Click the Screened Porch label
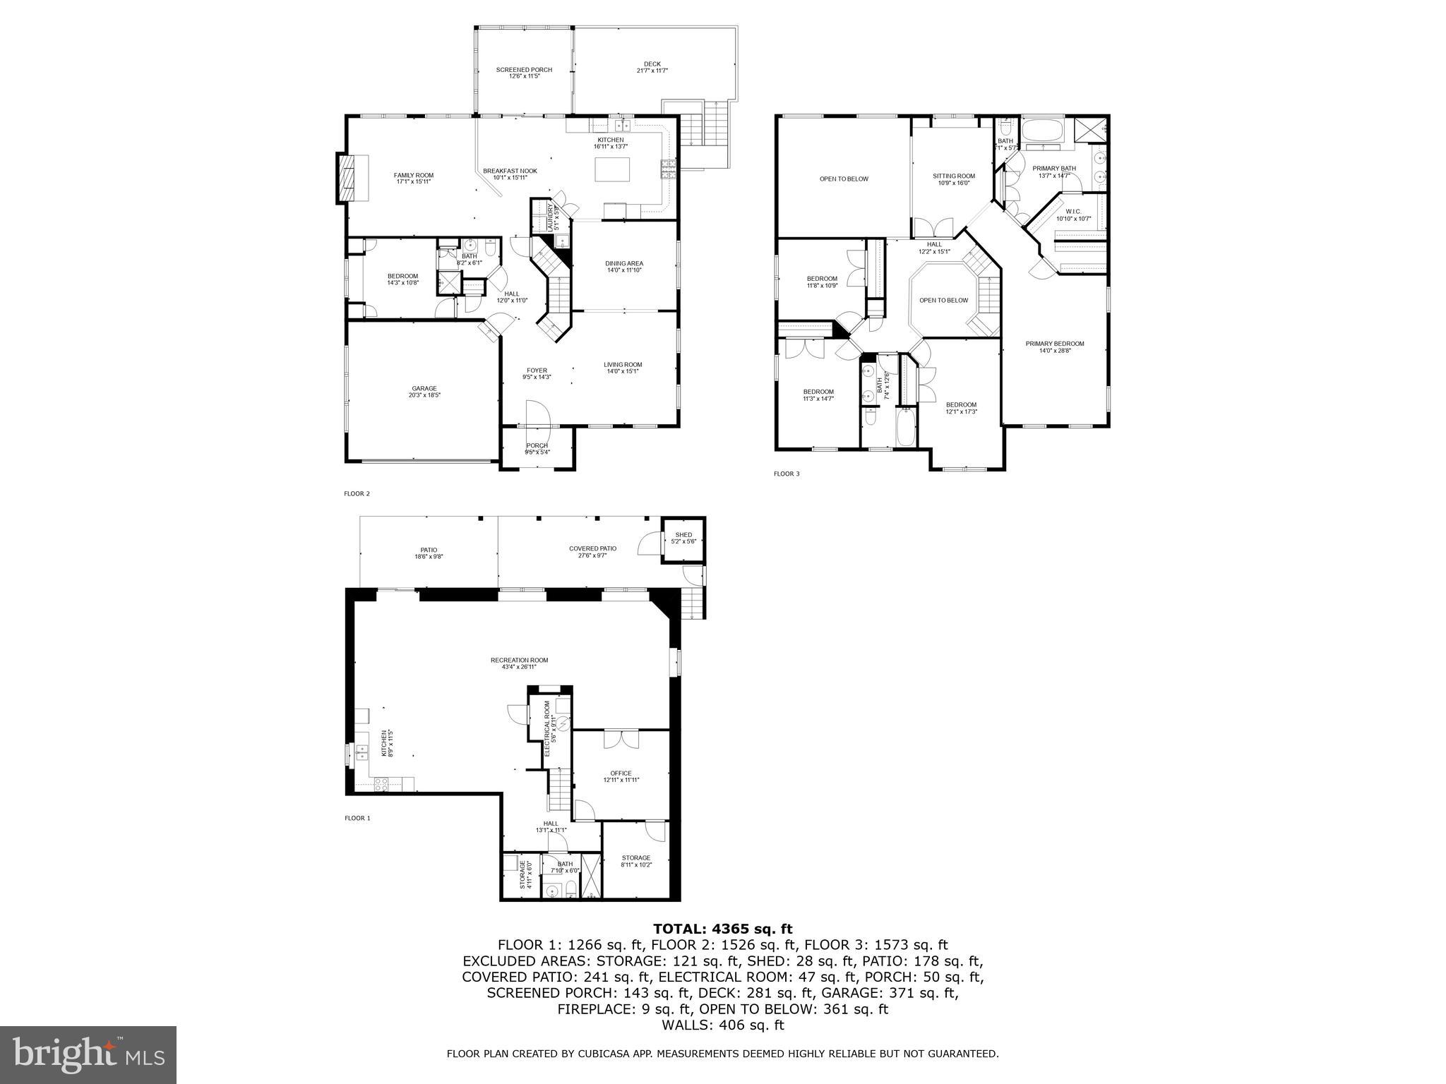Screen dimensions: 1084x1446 click(524, 70)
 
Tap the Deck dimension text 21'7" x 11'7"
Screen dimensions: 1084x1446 click(652, 71)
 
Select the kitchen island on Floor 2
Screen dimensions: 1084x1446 click(612, 170)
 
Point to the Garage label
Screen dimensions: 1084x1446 click(424, 388)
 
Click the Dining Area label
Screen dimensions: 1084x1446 click(624, 263)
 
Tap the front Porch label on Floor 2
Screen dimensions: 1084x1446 click(537, 445)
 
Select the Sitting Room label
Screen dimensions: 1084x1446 click(953, 176)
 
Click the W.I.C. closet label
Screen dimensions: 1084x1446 click(1073, 211)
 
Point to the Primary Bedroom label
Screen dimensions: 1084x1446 click(1055, 344)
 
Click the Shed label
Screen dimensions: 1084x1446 click(683, 535)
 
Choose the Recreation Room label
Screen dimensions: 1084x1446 click(519, 661)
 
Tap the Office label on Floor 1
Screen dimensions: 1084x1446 click(621, 773)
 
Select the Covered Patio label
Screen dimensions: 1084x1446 click(592, 548)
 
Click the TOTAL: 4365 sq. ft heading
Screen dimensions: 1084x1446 click(722, 929)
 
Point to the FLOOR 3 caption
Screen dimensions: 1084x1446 click(787, 474)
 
